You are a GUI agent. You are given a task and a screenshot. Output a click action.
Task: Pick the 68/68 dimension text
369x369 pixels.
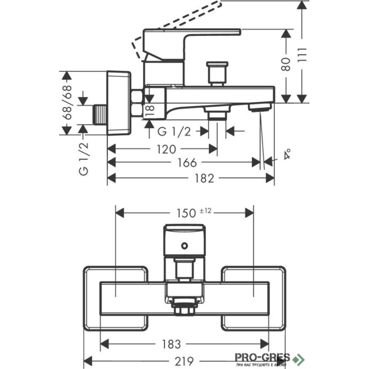pos(68,103)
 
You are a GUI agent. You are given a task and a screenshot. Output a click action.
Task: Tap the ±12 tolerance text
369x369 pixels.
pos(205,210)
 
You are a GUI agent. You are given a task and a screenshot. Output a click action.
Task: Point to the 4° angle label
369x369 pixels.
pos(287,154)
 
